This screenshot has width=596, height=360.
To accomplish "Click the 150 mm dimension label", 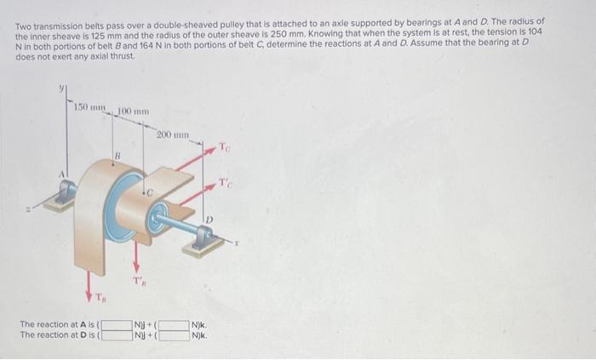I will click(88, 106).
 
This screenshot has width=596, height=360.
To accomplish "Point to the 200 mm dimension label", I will click(173, 134).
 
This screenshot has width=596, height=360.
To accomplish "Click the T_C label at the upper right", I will click(224, 147).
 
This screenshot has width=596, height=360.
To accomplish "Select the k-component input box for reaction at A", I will click(174, 324).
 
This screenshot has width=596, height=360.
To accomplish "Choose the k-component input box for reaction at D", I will click(174, 335).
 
